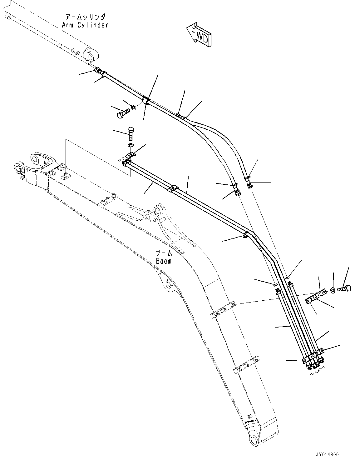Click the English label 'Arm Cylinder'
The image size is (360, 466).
click(x=85, y=25)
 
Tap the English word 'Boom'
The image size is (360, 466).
click(x=164, y=261)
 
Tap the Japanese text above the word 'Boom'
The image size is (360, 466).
click(x=164, y=253)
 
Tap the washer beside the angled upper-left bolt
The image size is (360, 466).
click(x=133, y=108)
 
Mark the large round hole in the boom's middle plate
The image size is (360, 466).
click(x=169, y=285)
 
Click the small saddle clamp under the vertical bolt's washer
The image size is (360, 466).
click(x=130, y=155)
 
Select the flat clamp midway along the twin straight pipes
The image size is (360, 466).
click(x=172, y=189)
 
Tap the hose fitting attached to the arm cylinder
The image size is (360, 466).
click(x=98, y=70)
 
